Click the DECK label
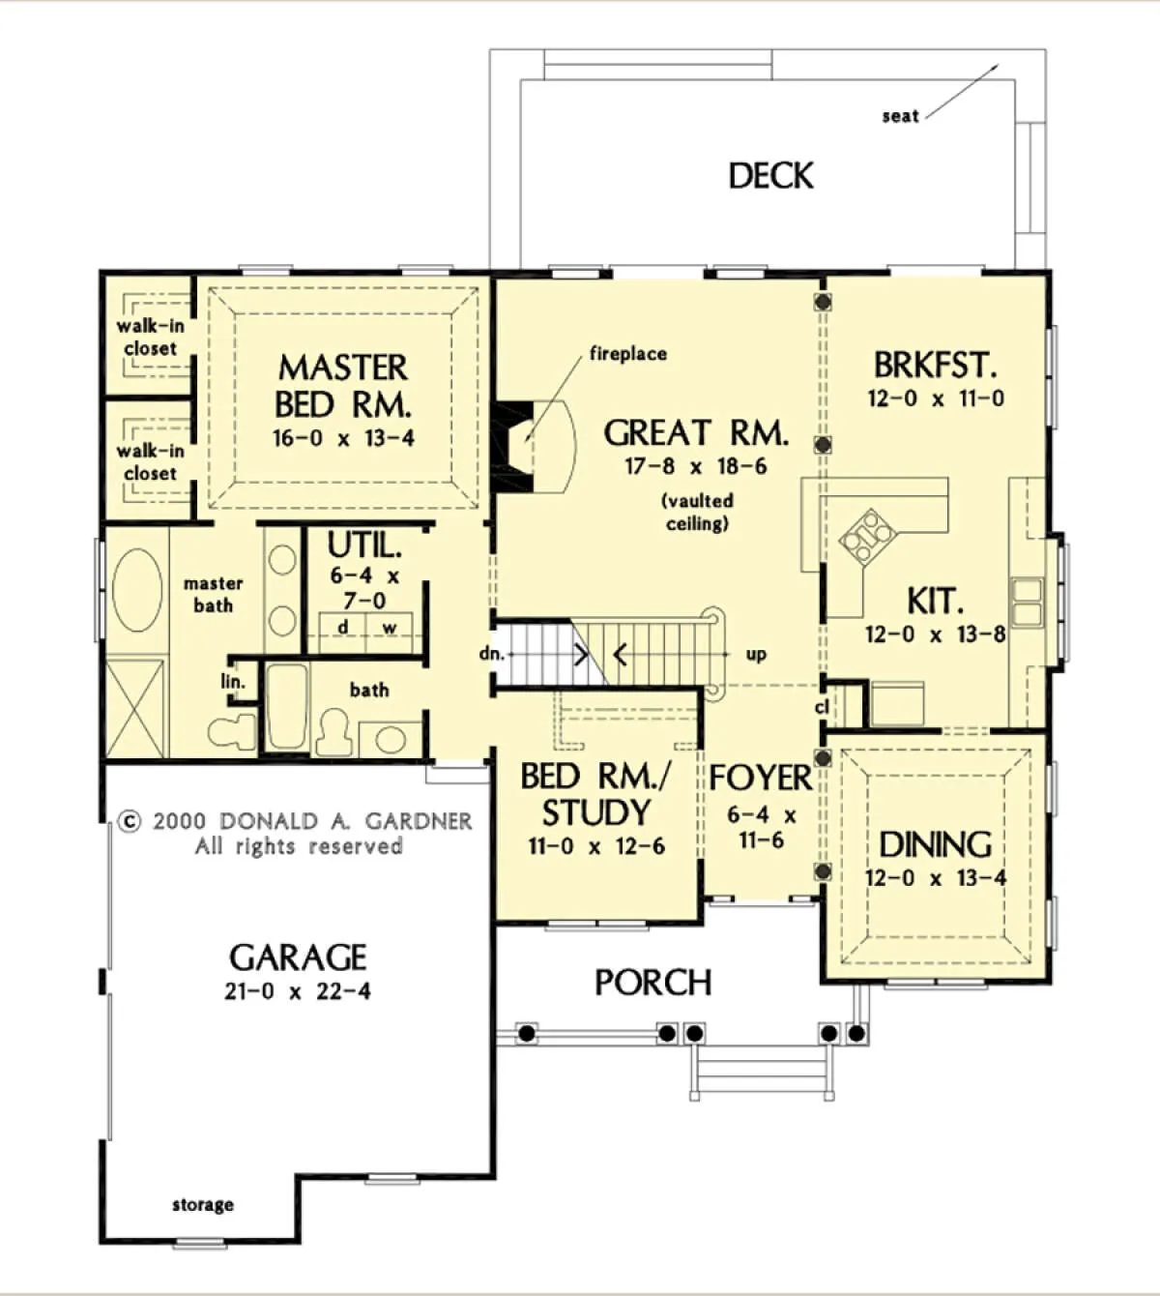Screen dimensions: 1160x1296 pos(770,176)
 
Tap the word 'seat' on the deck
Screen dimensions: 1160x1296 pos(900,116)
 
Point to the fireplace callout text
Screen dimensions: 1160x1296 pos(628,354)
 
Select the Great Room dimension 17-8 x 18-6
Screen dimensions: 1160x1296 pos(696,466)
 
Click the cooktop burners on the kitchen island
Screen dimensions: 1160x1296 pos(867,535)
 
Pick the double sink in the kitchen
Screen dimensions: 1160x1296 pos(1027,602)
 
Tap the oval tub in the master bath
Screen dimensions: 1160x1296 pos(137,589)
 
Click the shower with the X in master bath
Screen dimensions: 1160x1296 pos(135,709)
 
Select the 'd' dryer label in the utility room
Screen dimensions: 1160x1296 pos(343,627)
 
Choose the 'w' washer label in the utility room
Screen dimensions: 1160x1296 pos(390,628)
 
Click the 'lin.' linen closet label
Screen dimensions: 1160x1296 pos(233,682)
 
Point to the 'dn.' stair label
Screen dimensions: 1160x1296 pos(492,654)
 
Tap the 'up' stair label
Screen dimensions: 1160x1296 pos(756,655)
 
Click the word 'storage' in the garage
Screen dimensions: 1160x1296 pos(203,1206)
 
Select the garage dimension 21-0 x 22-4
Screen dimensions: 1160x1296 pos(298,992)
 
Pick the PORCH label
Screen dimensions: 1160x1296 pos(652,984)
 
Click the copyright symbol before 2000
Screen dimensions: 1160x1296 pos(130,822)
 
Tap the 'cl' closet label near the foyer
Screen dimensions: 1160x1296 pos(822,706)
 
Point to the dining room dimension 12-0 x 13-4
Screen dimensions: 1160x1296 pos(936,878)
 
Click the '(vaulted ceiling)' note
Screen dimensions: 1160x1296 pos(697,513)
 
